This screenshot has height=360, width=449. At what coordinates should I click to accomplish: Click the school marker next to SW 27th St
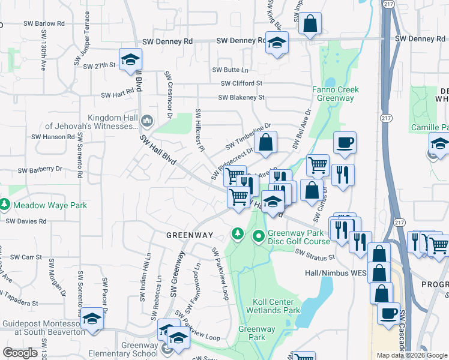[x=130, y=59]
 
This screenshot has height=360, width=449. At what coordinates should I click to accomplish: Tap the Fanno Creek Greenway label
[x=336, y=94]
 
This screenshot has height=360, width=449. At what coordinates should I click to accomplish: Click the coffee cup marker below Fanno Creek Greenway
[x=345, y=143]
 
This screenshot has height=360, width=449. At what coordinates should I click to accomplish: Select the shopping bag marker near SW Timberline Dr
[x=265, y=143]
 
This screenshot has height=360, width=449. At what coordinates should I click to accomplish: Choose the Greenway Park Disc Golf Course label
[x=299, y=237]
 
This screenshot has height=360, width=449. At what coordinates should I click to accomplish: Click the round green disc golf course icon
[x=259, y=237]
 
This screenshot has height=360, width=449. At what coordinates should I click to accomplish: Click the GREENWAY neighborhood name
[x=190, y=236]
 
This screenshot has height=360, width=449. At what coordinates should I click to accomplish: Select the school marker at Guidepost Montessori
[x=92, y=319]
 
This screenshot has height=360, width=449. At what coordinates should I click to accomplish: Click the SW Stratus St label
[x=315, y=257]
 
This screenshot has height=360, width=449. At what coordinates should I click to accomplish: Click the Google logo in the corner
[x=20, y=353]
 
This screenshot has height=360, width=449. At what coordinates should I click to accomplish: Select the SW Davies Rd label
[x=26, y=221]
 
